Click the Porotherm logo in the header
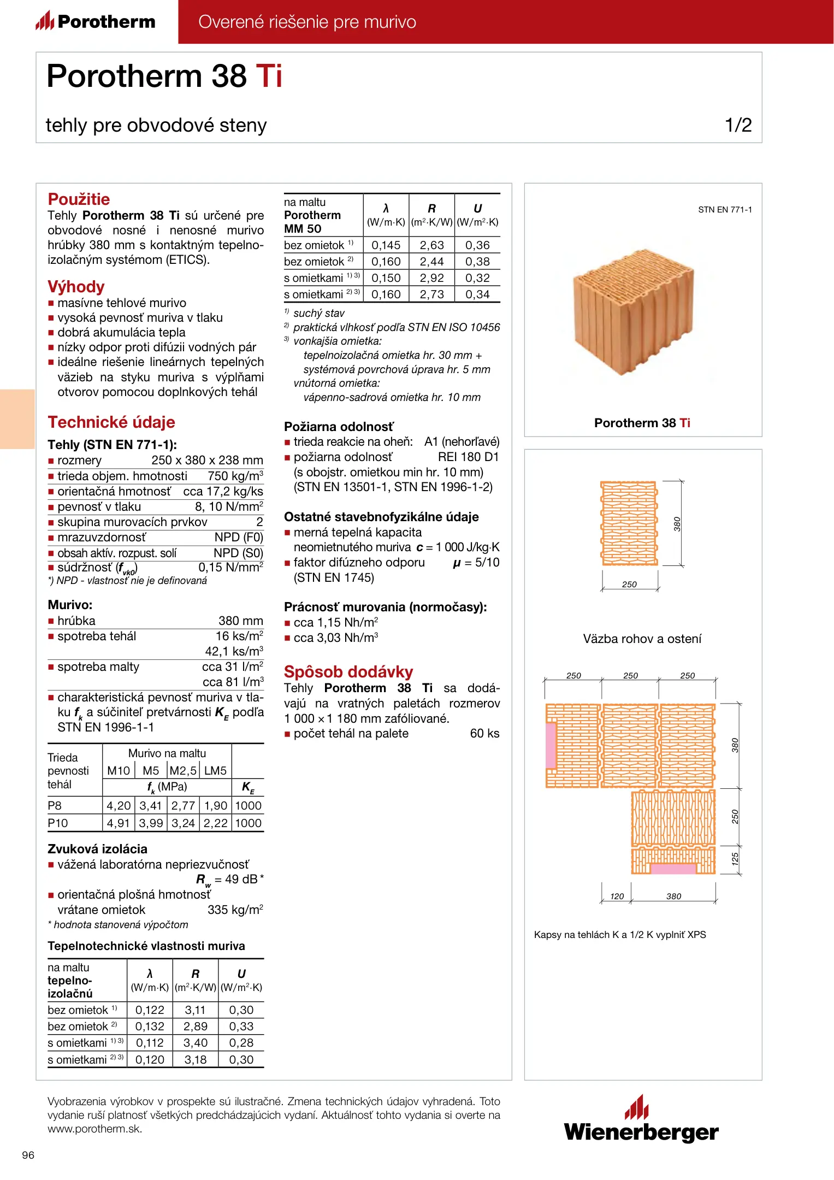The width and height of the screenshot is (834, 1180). point(96,21)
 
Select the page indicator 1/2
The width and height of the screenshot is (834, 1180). point(738,125)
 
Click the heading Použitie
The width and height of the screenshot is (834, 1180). point(79,199)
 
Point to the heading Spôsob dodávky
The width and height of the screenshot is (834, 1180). point(348,671)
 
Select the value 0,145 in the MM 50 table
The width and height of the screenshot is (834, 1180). point(386,245)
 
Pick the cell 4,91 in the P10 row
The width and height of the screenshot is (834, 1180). point(119,823)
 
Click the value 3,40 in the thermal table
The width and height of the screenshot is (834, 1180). point(196,1043)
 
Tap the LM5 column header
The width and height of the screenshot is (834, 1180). point(215,771)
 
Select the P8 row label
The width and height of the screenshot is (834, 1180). point(55,806)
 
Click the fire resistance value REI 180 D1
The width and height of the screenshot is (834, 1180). point(468,457)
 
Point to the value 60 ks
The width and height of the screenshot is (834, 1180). point(484,733)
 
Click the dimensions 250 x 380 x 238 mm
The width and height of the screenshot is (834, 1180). point(207,460)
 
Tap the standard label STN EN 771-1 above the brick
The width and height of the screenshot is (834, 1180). point(725,210)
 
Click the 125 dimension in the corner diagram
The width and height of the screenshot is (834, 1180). point(735,859)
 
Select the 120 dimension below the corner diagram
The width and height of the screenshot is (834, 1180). point(617,896)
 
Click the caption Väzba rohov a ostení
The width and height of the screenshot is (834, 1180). point(642,639)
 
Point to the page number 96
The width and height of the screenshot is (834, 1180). point(28,1155)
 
